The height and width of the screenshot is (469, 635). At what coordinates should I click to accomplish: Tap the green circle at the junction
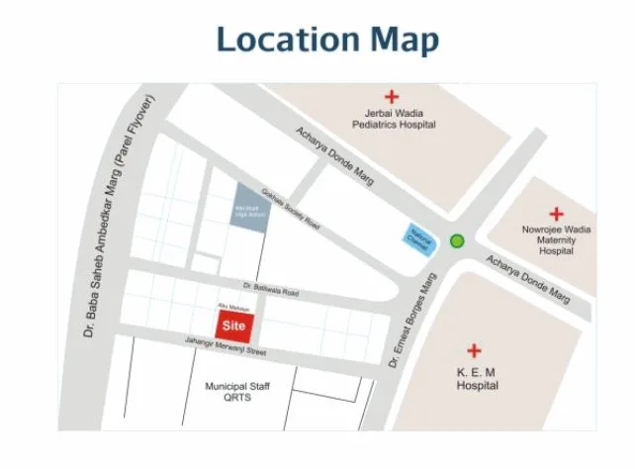click(x=457, y=240)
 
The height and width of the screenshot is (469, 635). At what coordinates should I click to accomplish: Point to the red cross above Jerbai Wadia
click(x=392, y=97)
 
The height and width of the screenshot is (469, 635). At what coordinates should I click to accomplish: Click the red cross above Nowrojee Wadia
click(x=556, y=213)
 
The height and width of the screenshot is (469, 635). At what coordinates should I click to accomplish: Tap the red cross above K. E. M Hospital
click(x=476, y=350)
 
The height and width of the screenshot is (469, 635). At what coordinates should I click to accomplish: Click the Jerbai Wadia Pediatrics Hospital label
click(x=393, y=120)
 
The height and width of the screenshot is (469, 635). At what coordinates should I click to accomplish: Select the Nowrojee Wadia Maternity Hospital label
click(x=556, y=240)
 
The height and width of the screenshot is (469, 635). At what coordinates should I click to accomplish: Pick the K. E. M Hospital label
click(x=477, y=379)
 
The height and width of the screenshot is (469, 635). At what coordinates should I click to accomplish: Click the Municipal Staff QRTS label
click(x=236, y=393)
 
